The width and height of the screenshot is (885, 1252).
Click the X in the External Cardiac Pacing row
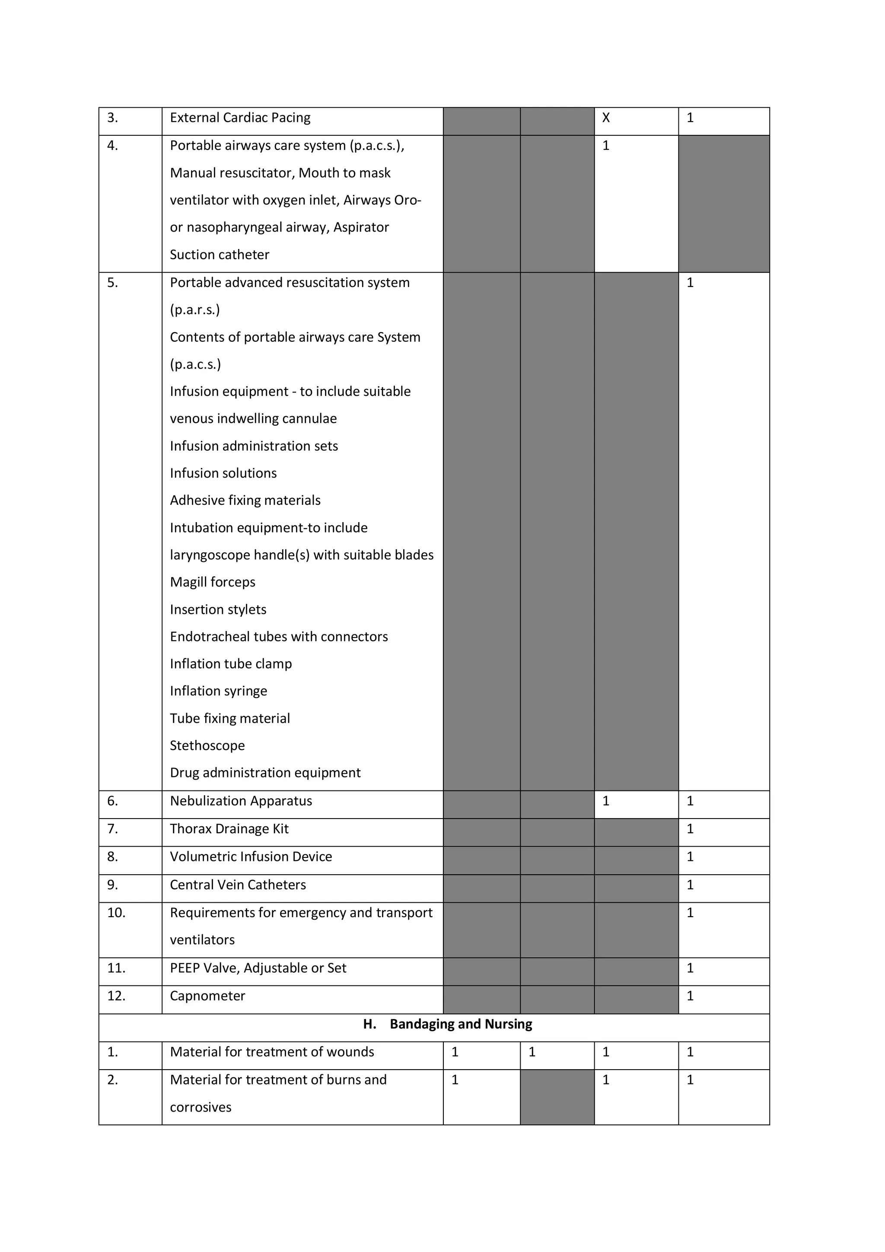606,118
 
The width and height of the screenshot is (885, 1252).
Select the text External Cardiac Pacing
240,118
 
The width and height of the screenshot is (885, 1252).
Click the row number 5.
112,283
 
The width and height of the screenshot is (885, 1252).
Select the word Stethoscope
207,745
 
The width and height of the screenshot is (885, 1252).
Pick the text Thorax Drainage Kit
229,829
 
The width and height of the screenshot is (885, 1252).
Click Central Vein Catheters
238,885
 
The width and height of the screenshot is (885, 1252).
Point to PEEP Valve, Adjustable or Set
258,968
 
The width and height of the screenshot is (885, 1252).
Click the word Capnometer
207,996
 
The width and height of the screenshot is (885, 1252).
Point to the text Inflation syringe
218,691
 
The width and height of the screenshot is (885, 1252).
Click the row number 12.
116,996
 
